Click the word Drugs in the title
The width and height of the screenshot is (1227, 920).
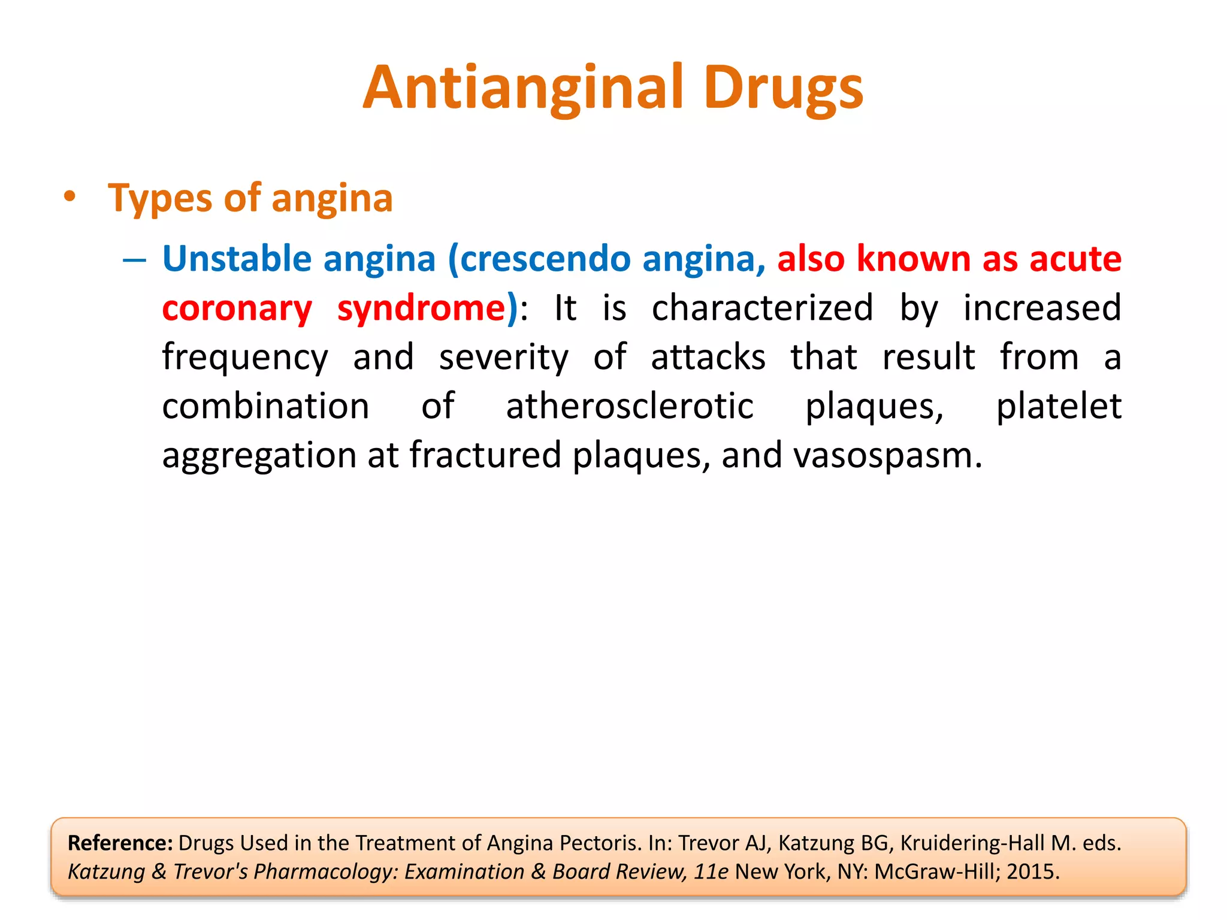point(783,89)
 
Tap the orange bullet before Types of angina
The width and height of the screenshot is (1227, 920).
point(70,196)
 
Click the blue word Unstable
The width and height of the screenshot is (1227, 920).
point(237,259)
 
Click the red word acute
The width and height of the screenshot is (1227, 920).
point(1075,259)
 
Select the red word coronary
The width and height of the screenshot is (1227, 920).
point(237,308)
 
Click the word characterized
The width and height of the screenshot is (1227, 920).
point(762,308)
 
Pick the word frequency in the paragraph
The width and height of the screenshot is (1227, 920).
point(244,358)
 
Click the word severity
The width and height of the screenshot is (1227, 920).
point(503,358)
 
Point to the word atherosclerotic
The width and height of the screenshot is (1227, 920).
point(629,406)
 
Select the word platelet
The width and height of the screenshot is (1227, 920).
point(1058,406)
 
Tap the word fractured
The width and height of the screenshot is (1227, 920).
point(485,455)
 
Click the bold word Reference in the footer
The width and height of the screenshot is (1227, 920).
point(120,843)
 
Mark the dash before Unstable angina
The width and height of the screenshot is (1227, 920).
point(134,260)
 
